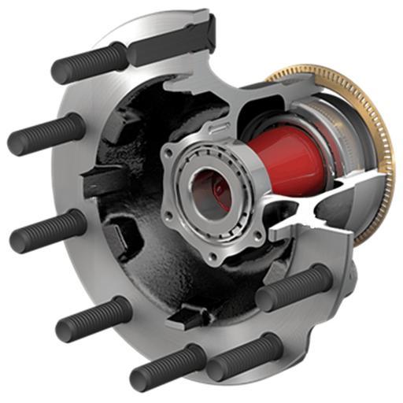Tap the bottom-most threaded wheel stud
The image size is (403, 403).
point(165,367)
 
